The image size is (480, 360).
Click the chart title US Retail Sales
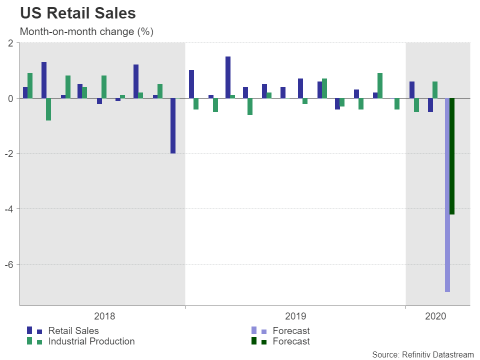77,13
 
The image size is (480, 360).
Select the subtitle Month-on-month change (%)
86,31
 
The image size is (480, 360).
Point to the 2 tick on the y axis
10,43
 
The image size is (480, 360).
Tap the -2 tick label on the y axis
8,153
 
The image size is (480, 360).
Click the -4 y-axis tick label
8,209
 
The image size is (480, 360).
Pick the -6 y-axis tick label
8,264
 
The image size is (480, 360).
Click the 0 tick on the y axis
10,98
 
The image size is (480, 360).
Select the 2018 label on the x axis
104,316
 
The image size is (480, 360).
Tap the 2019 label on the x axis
295,316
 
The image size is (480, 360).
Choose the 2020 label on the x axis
435,316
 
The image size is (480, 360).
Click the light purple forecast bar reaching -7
447,195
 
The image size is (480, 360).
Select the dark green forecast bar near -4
452,156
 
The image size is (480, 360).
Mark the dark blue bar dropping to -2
173,125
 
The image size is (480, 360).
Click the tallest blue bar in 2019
228,77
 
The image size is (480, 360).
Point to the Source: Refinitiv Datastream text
422,354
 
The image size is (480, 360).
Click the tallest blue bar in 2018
44,80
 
